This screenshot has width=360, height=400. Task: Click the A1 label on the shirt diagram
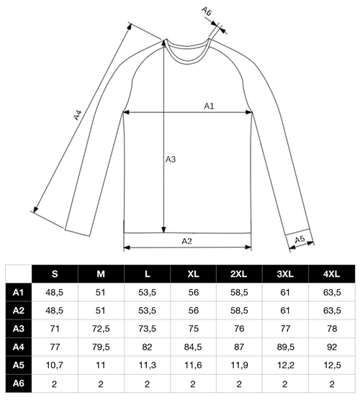(x=209, y=106)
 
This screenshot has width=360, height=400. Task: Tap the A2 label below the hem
(x=186, y=241)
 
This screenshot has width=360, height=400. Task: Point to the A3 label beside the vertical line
(x=171, y=160)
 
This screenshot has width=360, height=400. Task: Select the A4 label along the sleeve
(x=77, y=115)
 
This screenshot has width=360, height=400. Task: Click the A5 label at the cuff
(x=300, y=240)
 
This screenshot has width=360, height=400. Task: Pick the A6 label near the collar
(x=207, y=12)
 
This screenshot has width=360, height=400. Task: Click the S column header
(x=55, y=274)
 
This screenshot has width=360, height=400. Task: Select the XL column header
(x=193, y=274)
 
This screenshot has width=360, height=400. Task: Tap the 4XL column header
(x=331, y=274)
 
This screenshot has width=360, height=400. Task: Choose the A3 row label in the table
(x=19, y=329)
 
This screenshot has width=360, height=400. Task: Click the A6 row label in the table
(x=19, y=383)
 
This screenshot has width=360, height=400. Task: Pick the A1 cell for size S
(x=55, y=292)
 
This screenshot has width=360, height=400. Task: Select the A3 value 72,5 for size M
(x=101, y=329)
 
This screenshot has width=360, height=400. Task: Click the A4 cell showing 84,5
(x=193, y=347)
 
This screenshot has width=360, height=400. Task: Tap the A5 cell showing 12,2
(x=285, y=365)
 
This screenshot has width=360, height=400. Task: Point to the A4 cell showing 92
(x=332, y=347)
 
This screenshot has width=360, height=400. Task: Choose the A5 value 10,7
(x=55, y=365)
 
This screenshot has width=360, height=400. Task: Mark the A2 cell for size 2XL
(x=239, y=311)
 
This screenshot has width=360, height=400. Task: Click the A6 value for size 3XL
(x=285, y=383)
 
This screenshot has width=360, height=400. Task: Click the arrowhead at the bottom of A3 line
(x=163, y=229)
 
